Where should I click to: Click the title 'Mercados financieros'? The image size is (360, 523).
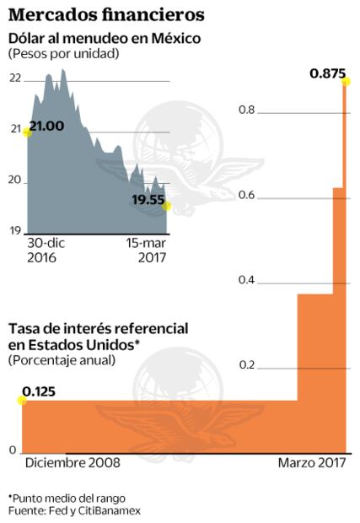(x=105, y=14)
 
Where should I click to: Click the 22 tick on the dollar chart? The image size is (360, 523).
(x=15, y=78)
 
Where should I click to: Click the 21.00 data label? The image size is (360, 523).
(x=46, y=127)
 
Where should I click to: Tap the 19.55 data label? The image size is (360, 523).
(x=147, y=200)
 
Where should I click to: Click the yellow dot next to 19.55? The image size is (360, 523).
(x=167, y=206)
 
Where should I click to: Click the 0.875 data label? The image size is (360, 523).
(x=327, y=73)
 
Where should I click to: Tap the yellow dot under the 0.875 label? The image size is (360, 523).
(x=345, y=83)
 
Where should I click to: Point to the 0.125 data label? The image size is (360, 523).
(x=40, y=391)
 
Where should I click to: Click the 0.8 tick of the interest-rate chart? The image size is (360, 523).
(x=245, y=111)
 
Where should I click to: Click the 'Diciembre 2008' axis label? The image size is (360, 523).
(x=73, y=463)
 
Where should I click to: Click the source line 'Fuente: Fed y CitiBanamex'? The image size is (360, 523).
(x=74, y=510)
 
